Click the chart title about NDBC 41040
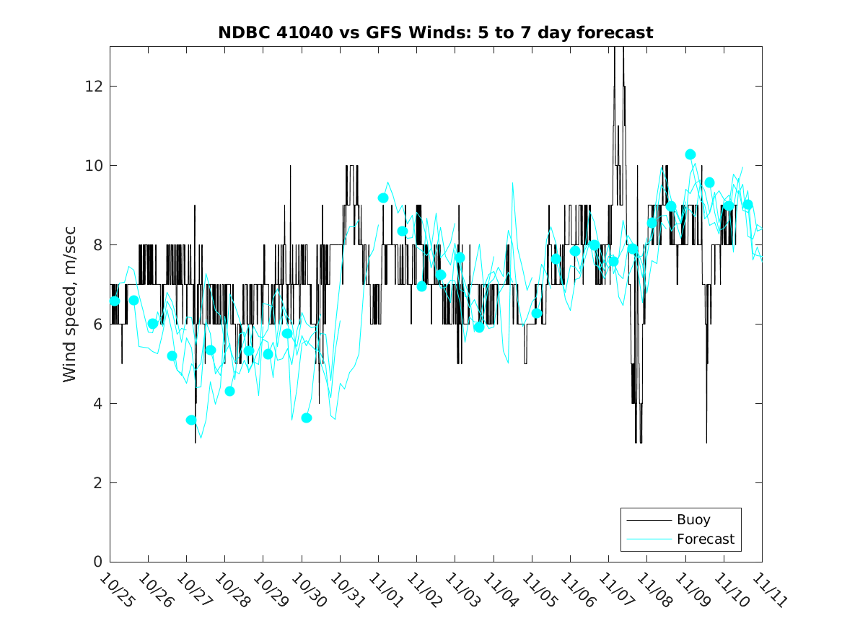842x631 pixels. coord(436,32)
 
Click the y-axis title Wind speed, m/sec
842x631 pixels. coord(69,304)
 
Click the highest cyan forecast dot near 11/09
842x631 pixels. coord(690,154)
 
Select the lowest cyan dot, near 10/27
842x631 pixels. coord(191,420)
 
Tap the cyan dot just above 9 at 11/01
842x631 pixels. coord(383,198)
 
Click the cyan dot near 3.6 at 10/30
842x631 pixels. coord(307,418)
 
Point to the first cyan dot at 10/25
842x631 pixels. coord(115,301)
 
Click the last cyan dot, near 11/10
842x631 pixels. coord(747,205)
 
